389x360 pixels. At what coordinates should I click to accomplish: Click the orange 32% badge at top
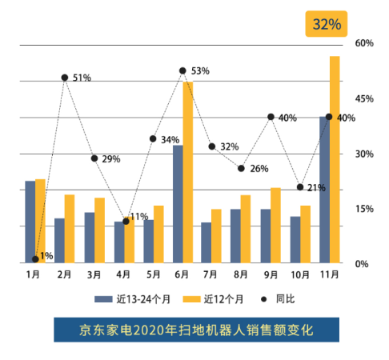point(327,24)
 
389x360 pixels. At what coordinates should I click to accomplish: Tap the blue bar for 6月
point(178,204)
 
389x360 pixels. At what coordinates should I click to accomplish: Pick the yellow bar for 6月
point(188,172)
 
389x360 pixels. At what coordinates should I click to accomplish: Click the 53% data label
point(200,71)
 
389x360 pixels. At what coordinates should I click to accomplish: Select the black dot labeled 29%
point(94,158)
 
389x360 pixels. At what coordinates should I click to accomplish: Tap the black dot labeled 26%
point(241,168)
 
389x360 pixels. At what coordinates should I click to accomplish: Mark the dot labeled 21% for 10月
point(300,187)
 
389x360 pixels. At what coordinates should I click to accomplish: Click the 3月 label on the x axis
point(94,274)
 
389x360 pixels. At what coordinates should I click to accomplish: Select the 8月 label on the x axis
point(241,274)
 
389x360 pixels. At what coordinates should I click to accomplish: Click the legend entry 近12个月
point(210,299)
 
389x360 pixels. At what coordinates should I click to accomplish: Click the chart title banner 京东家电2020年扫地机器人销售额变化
point(194,330)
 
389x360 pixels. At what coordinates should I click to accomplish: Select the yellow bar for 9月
point(276,226)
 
